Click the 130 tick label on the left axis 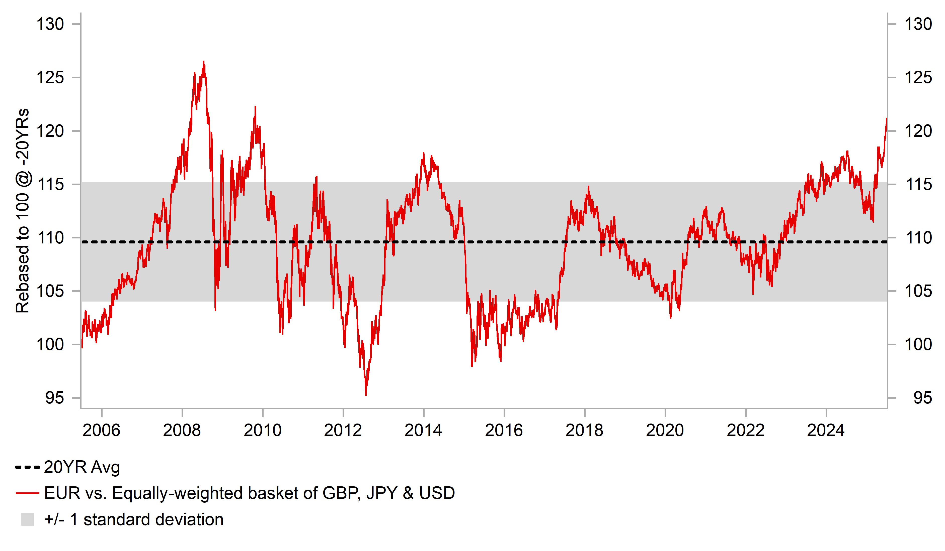click(x=50, y=24)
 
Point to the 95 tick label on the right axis click(x=922, y=398)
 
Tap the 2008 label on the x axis click(x=182, y=430)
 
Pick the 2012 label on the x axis click(x=343, y=430)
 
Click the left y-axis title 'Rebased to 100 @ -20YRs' click(x=23, y=211)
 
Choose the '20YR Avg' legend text click(x=82, y=467)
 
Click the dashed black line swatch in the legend click(x=27, y=467)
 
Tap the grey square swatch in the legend click(x=27, y=519)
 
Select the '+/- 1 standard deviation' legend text click(x=133, y=519)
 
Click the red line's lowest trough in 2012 click(x=366, y=395)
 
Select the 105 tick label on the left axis click(x=50, y=291)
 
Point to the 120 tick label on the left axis click(x=50, y=131)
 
